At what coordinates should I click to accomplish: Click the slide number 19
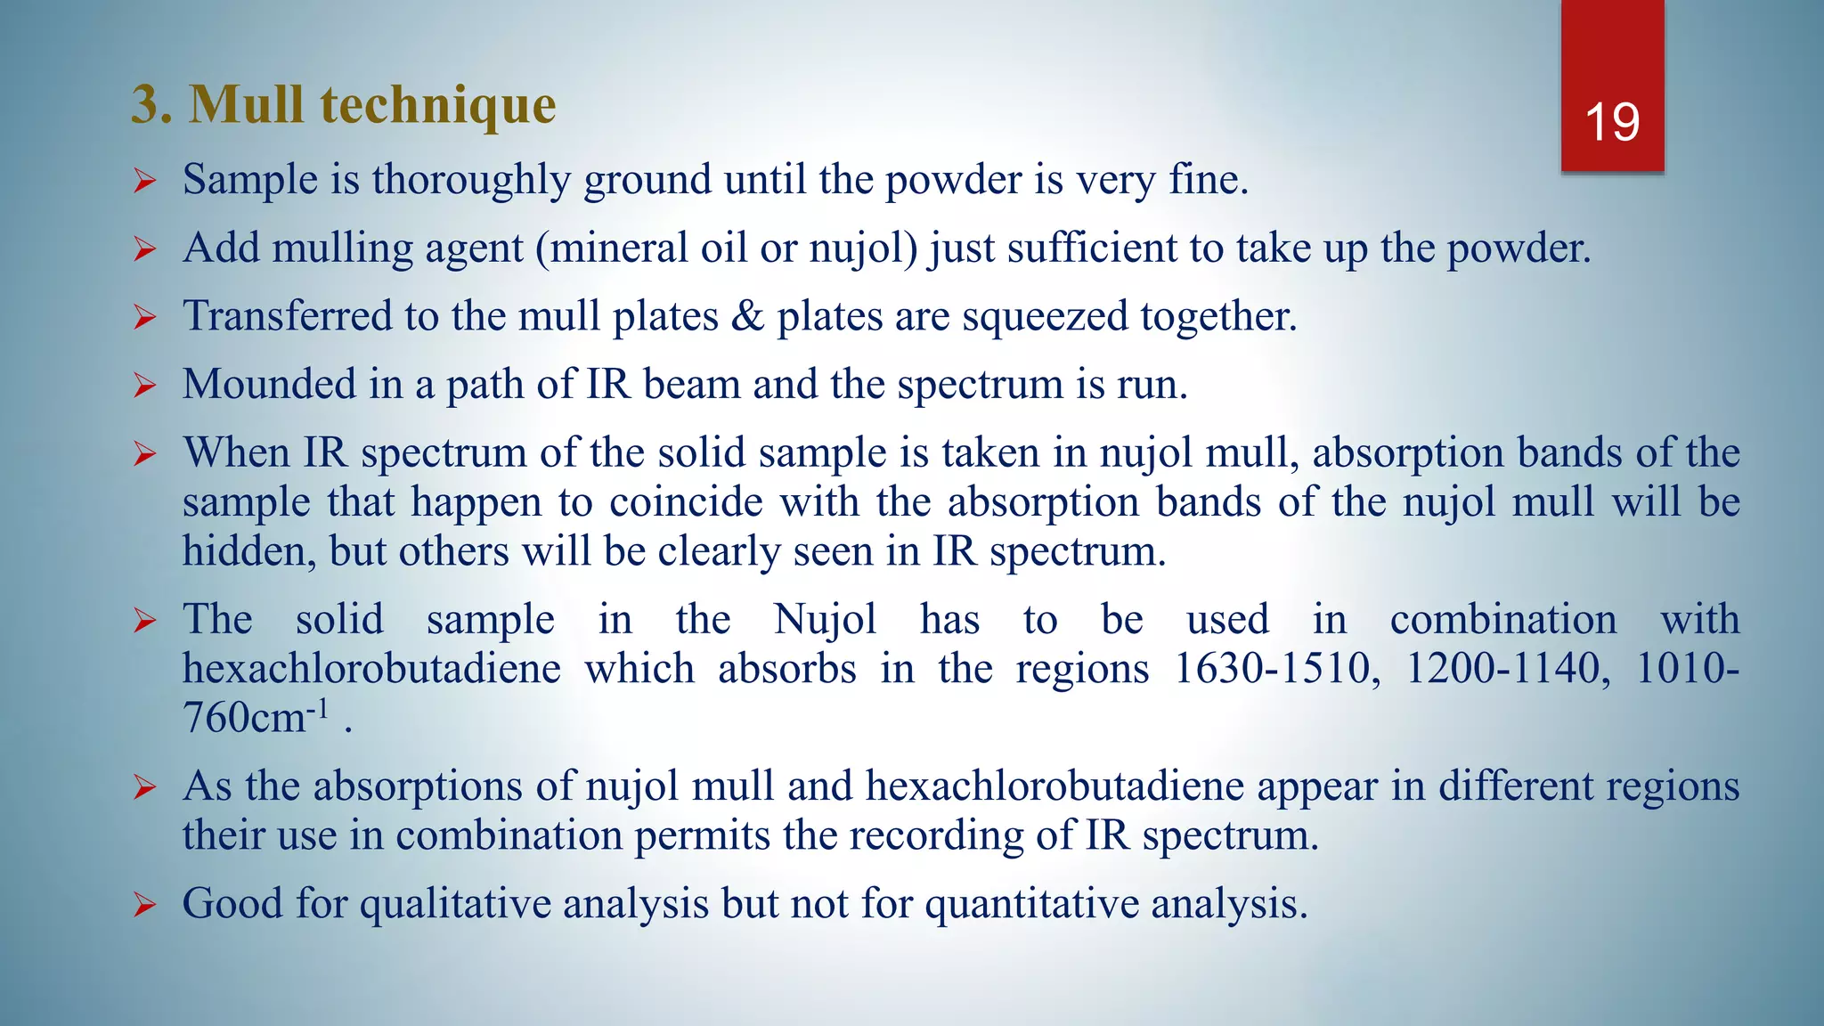pos(1612,122)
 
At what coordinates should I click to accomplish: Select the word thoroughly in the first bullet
pos(471,181)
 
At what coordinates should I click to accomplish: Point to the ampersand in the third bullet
pos(747,316)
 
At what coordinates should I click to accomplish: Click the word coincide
pos(686,502)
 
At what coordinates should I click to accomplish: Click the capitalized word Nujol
pos(825,620)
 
